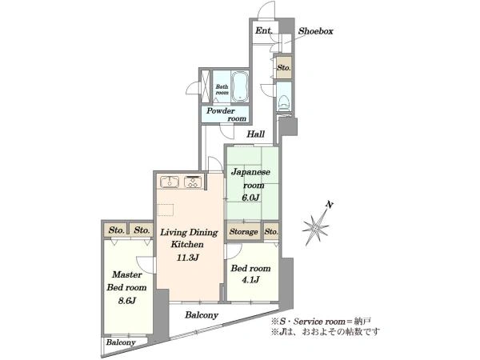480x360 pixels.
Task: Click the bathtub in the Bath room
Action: click(x=239, y=87)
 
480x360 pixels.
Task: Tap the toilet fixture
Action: click(x=283, y=102)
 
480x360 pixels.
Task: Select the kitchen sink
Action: click(x=170, y=182)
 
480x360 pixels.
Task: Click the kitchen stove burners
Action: click(x=193, y=182)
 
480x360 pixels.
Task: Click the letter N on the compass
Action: click(x=330, y=205)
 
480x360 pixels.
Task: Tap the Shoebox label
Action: click(x=316, y=31)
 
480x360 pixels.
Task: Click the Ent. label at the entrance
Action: click(x=263, y=30)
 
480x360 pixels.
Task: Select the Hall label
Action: click(x=256, y=134)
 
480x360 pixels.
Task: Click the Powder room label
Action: click(x=226, y=114)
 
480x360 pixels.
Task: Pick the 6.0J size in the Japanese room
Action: click(x=250, y=198)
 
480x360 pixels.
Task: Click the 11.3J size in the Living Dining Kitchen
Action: click(x=188, y=258)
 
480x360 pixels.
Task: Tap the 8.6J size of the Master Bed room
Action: click(x=126, y=301)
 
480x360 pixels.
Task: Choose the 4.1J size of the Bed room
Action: click(x=250, y=279)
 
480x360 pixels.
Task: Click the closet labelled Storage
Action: click(x=244, y=232)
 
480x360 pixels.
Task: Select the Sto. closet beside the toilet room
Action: click(x=284, y=68)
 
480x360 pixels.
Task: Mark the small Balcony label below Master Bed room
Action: click(x=121, y=342)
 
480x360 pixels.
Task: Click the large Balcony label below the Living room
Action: click(x=202, y=315)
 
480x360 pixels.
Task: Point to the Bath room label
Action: click(x=222, y=90)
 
